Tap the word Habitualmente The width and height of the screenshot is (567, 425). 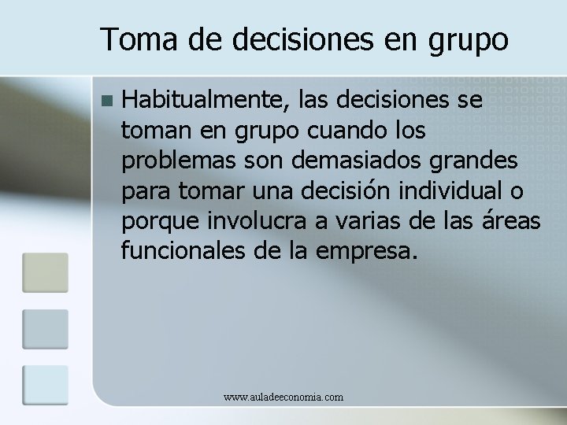click(204, 102)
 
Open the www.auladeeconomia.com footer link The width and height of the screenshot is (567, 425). click(283, 397)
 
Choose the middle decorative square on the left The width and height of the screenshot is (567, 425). click(45, 327)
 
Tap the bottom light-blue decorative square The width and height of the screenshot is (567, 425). click(45, 384)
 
